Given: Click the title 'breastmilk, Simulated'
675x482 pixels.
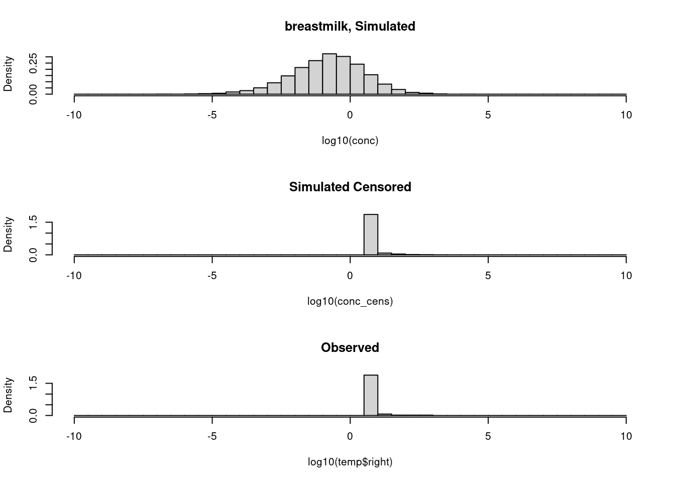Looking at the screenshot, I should [350, 26].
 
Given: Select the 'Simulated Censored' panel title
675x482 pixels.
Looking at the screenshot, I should [350, 187].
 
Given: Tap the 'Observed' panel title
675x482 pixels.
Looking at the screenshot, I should [350, 347].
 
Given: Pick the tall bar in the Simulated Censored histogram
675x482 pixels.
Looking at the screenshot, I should [371, 234].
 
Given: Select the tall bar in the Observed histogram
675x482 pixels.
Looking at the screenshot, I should [371, 395].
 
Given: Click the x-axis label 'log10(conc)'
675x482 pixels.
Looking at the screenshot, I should [350, 141].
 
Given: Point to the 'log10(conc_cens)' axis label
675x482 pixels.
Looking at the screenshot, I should [350, 301].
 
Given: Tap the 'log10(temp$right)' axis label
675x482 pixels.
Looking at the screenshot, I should [350, 462].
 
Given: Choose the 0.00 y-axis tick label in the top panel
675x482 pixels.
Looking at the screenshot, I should [34, 94].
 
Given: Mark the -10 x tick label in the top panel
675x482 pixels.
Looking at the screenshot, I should [74, 115].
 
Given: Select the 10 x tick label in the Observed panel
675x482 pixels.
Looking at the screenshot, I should [626, 436].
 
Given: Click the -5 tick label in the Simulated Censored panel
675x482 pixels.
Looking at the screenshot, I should [212, 276].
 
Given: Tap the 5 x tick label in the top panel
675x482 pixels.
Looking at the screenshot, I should [488, 115].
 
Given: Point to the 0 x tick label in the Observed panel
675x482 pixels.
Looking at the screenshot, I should [350, 436].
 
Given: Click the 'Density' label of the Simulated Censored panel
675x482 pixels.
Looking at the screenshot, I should [8, 234].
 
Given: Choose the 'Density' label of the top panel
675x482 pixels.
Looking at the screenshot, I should [8, 74].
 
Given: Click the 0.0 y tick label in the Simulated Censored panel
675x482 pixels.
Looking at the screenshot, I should [34, 255].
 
